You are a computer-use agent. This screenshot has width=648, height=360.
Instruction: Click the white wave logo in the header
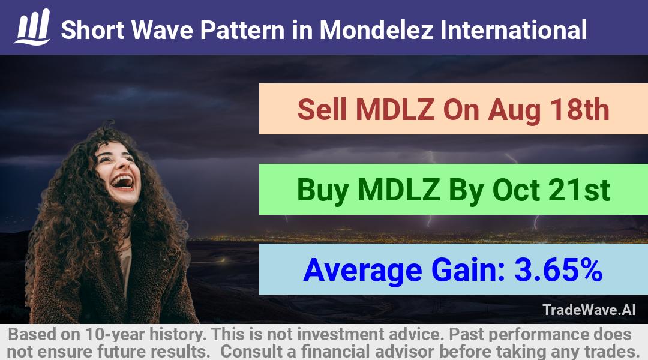(x=32, y=27)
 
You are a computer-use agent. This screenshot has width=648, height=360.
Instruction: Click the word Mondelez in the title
(x=376, y=30)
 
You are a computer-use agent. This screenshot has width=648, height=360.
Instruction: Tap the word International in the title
(x=513, y=30)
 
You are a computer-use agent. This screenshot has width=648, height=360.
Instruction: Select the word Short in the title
(x=92, y=30)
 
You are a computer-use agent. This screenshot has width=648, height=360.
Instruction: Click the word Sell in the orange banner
(x=322, y=110)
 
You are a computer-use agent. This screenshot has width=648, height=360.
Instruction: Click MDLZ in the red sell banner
(x=395, y=110)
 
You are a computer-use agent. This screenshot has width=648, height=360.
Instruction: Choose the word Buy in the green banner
(x=322, y=191)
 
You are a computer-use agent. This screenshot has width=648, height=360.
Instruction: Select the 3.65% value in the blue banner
(x=559, y=270)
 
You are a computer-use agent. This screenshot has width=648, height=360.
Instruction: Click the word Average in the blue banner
(x=362, y=271)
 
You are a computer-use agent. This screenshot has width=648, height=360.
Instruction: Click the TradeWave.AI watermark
(x=589, y=310)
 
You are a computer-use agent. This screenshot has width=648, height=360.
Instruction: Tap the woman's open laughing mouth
(x=123, y=181)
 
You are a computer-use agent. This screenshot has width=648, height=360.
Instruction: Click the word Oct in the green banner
(x=516, y=190)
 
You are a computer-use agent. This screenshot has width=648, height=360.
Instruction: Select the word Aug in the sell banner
(x=514, y=110)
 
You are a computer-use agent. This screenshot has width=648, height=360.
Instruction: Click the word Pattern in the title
(x=242, y=30)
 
